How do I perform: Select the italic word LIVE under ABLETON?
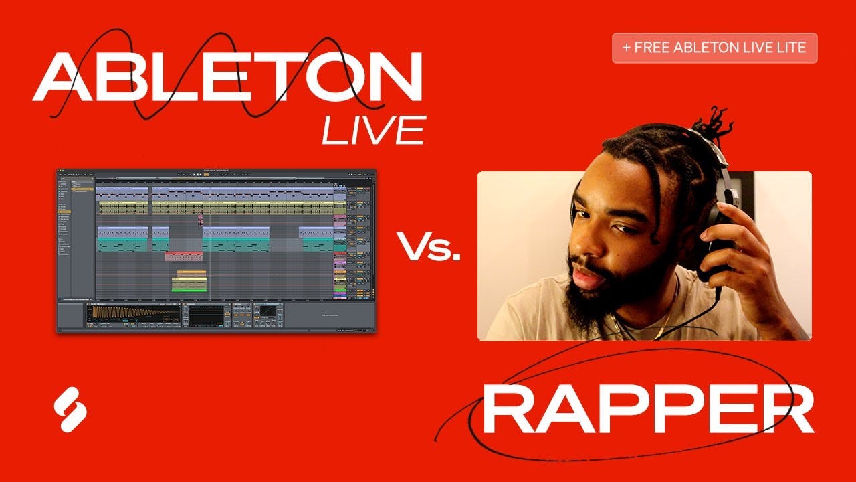tap(373, 130)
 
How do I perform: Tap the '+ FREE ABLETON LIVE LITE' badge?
tap(714, 48)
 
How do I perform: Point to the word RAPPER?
tap(647, 410)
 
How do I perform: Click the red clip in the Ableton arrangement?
tap(183, 256)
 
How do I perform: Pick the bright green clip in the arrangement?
tap(189, 288)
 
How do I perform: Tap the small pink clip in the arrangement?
tap(200, 219)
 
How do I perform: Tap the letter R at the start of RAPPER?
tap(505, 410)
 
